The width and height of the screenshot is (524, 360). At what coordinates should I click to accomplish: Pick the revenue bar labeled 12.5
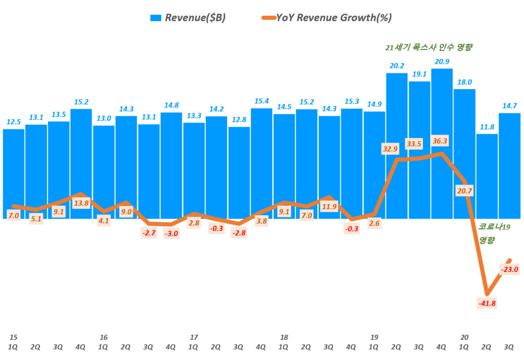click(x=14, y=174)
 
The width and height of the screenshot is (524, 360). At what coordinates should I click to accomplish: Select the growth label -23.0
click(x=510, y=269)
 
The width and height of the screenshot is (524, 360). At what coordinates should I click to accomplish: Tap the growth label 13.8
click(x=81, y=204)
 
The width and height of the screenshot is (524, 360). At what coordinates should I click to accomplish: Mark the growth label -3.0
click(x=171, y=234)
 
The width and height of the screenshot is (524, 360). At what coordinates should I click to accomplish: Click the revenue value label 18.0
click(x=465, y=82)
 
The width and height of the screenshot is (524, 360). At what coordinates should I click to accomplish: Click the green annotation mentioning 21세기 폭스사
click(x=428, y=48)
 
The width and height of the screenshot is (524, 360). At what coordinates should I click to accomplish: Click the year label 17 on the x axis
click(x=193, y=337)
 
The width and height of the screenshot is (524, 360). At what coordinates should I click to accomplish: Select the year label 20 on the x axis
click(x=464, y=337)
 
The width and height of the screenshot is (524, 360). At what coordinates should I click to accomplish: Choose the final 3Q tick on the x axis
click(x=510, y=347)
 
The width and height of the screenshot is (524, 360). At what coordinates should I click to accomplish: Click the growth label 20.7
click(x=465, y=190)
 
